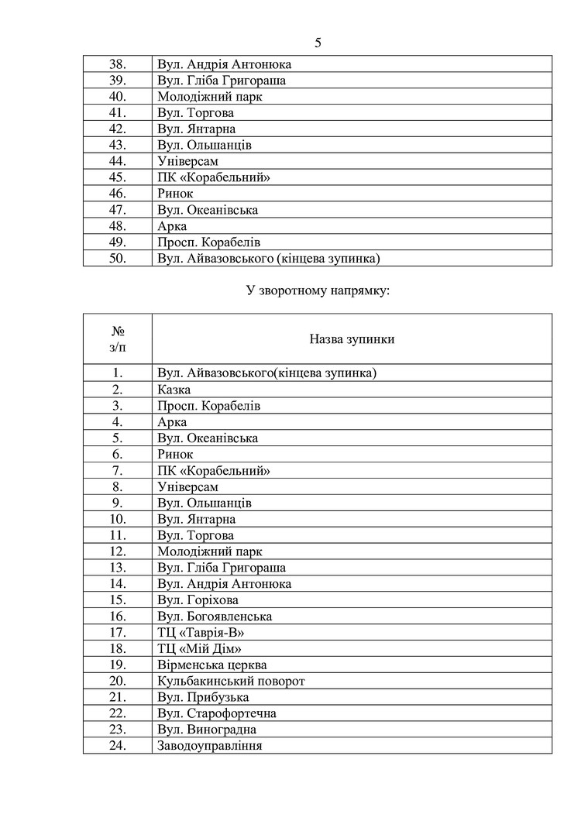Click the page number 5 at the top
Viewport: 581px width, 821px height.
tap(318, 43)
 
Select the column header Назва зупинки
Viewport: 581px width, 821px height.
tap(352, 339)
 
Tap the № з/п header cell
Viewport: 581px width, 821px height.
tap(118, 339)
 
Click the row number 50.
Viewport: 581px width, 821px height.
tap(118, 259)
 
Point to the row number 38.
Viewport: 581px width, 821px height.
tap(118, 64)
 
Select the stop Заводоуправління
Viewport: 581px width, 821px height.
tap(209, 746)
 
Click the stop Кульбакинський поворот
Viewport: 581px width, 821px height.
tap(231, 681)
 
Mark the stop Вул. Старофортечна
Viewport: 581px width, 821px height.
tap(216, 713)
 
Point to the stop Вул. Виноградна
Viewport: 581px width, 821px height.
tap(206, 730)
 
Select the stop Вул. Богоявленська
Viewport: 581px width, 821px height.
tap(214, 616)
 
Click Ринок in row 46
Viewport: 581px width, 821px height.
tap(174, 194)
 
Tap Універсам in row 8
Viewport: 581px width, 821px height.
tap(187, 487)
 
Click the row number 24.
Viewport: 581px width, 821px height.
tap(118, 746)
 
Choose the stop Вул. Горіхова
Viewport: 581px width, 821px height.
tap(198, 599)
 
